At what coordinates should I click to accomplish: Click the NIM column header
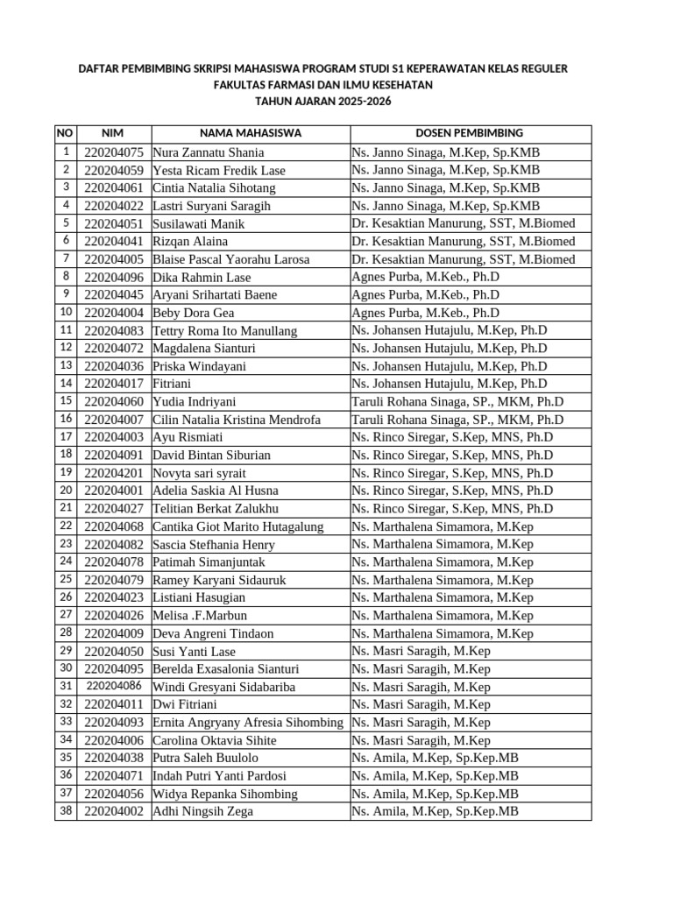(113, 133)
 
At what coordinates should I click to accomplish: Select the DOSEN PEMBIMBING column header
(470, 133)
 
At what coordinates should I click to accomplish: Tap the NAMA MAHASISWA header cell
(251, 133)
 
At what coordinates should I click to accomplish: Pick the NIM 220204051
(114, 223)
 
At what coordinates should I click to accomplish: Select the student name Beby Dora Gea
(194, 313)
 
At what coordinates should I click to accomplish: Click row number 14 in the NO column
(66, 384)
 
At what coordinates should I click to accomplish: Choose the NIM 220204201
(114, 473)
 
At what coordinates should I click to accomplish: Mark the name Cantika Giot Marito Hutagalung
(238, 526)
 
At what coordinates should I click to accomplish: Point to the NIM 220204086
(114, 686)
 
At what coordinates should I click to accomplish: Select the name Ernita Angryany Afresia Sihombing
(247, 723)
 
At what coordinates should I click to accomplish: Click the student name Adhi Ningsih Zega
(203, 811)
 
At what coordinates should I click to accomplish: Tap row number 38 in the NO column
(66, 811)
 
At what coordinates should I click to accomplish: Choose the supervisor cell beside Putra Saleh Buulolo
(436, 758)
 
